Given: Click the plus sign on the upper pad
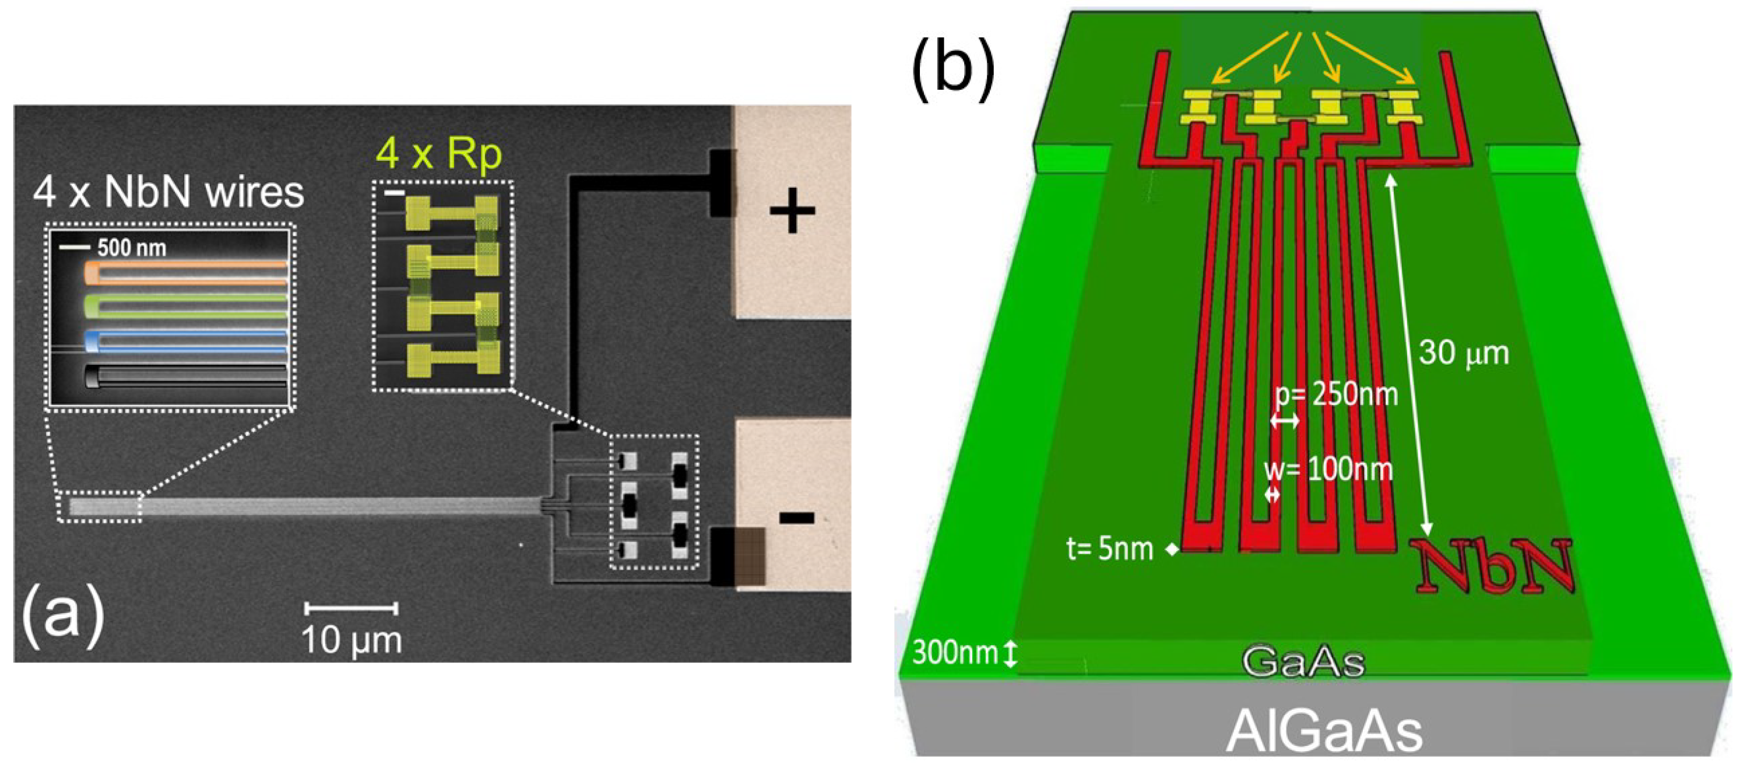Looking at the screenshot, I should pos(792,212).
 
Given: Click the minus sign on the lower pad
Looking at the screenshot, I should pos(797,518).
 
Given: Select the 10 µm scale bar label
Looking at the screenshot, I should pos(351,639).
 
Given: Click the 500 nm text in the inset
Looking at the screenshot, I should pos(131,248).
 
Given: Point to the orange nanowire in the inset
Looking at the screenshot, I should pos(186,272).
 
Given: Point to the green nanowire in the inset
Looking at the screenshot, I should pos(186,306).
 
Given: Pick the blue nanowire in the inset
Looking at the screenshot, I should pos(186,340).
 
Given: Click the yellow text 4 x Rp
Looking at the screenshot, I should pos(439,154).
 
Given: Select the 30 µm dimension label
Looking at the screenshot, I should pos(1463,353).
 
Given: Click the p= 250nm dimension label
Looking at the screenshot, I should pos(1335,394).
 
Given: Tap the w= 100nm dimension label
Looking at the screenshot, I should pos(1328,468).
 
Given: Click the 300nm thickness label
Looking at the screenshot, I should pos(954,653).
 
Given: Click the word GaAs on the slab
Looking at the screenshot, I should pos(1303,662).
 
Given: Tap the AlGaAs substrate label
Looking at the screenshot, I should pos(1323,731).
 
